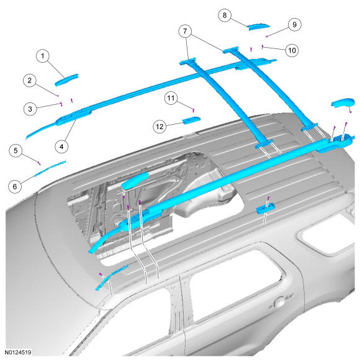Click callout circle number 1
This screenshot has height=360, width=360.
(43, 56)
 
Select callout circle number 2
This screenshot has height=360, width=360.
(30, 80)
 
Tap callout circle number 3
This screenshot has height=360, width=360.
(30, 109)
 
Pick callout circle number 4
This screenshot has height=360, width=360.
(61, 146)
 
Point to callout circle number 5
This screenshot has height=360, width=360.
(16, 151)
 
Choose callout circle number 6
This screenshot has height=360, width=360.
(15, 186)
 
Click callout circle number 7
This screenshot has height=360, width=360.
(185, 31)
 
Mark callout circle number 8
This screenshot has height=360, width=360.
(225, 16)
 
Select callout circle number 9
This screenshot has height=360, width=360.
(295, 25)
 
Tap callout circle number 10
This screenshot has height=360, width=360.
(292, 50)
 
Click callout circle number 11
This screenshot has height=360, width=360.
(171, 98)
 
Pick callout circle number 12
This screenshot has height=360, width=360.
(160, 127)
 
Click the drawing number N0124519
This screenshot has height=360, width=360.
(18, 352)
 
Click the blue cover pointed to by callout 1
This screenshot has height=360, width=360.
(66, 79)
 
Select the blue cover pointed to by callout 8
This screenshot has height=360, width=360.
(259, 27)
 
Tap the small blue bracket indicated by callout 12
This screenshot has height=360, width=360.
(191, 120)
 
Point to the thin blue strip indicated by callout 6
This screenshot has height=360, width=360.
(50, 168)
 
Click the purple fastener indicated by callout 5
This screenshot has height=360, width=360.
(39, 163)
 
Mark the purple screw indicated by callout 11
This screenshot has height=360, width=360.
(193, 110)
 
